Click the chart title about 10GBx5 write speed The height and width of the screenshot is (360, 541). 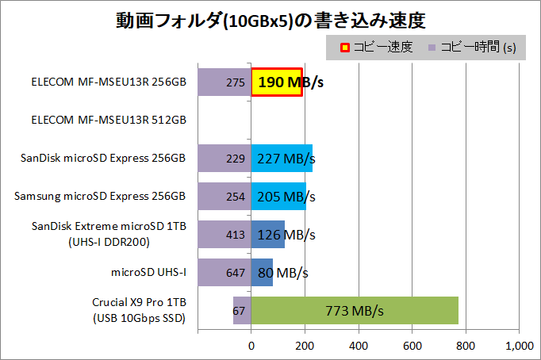click(270, 20)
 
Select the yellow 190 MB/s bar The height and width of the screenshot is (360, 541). click(276, 82)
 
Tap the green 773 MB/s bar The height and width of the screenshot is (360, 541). click(355, 310)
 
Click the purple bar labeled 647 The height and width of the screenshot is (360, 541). click(224, 273)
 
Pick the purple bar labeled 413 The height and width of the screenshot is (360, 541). click(224, 235)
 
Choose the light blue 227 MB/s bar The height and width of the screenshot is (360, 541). click(282, 159)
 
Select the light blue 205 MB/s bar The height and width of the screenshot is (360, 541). click(278, 197)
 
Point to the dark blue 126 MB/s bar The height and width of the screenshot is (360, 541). click(267, 235)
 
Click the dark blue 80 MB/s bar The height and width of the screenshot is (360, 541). click(262, 273)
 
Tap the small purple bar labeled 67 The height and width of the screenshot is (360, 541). click(242, 310)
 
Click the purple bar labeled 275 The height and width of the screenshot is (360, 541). click(224, 82)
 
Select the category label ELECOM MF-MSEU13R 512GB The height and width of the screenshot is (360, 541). click(108, 121)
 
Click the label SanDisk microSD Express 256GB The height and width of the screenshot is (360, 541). click(103, 159)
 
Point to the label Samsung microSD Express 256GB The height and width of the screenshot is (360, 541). click(101, 197)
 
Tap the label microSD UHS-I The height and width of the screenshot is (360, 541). click(148, 273)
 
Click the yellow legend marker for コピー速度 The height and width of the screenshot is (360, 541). click(335, 48)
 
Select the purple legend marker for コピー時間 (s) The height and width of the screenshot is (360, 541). click(432, 48)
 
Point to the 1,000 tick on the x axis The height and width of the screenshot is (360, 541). click(519, 346)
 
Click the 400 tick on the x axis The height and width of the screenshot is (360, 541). click(359, 346)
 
